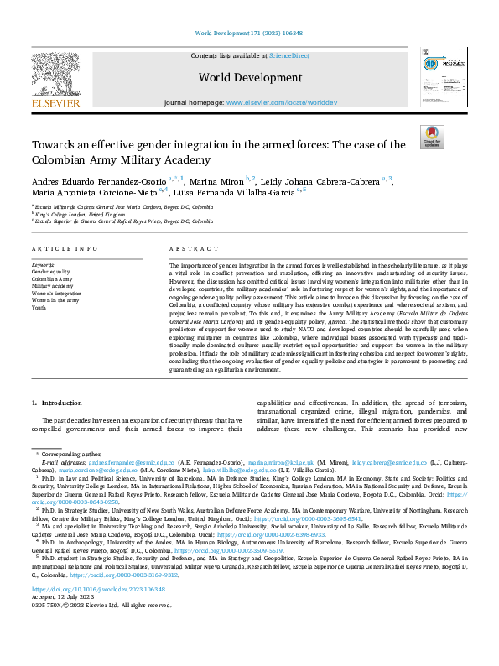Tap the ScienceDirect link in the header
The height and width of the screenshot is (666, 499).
tap(288, 55)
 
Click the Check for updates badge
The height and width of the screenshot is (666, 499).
tap(432, 137)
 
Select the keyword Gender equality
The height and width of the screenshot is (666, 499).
tap(51, 272)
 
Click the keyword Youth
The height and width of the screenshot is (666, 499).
tap(40, 307)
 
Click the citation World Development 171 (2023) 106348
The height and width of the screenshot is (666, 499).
tap(249, 33)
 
